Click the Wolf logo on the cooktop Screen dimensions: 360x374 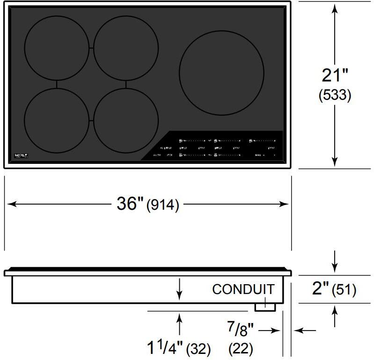pyautogui.click(x=22, y=155)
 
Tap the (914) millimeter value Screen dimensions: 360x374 pyautogui.click(x=163, y=206)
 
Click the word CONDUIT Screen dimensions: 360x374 pyautogui.click(x=243, y=289)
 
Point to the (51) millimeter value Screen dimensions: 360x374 pyautogui.click(x=344, y=290)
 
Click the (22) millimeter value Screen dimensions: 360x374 pyautogui.click(x=241, y=348)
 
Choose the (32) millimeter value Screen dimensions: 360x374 pyautogui.click(x=198, y=349)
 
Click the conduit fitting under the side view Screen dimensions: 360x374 pyautogui.click(x=264, y=306)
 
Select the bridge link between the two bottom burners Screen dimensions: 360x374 pyautogui.click(x=91, y=120)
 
